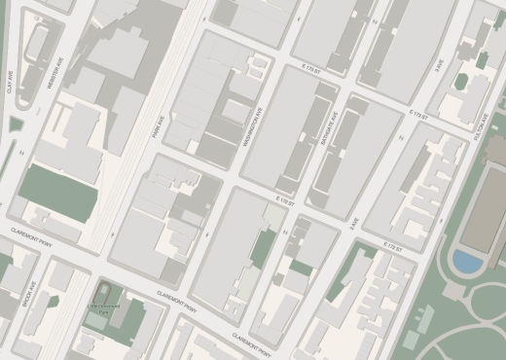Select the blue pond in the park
point(467,261)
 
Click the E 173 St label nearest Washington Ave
point(311,70)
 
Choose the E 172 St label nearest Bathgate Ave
point(283,199)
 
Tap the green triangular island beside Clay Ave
point(14,124)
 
